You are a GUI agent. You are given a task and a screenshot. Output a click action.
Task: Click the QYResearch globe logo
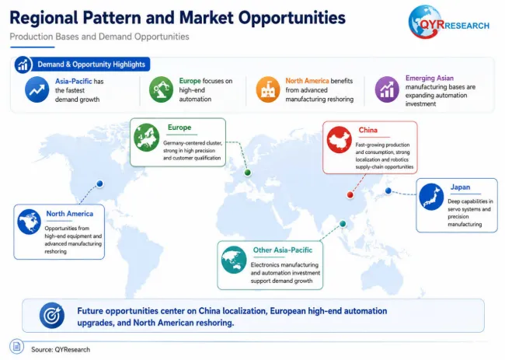424,22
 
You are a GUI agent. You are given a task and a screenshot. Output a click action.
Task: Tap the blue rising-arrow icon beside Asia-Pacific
37,89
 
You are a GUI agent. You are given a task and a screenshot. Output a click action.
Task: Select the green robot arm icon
161,89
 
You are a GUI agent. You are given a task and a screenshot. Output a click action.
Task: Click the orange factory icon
268,89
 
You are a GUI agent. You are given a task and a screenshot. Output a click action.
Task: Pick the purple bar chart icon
387,89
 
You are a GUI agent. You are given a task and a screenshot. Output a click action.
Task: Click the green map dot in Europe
247,173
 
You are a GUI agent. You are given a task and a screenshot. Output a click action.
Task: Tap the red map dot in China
350,194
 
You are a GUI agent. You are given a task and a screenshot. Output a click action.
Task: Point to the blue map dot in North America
100,183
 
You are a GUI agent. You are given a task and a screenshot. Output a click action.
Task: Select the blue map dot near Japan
388,191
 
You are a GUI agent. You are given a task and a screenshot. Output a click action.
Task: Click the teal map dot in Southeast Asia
343,224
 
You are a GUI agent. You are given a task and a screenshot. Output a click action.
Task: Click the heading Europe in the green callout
179,128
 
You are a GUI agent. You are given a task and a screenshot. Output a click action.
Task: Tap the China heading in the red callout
367,130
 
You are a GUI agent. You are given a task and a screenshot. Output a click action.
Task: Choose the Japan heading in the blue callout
460,187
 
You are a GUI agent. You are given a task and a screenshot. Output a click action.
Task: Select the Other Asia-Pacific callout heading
283,250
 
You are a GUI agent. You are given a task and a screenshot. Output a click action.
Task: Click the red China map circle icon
340,139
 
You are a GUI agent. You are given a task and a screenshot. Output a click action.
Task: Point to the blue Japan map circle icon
431,197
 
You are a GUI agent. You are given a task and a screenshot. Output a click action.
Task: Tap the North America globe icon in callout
30,222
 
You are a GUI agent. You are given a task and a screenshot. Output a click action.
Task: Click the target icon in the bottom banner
52,315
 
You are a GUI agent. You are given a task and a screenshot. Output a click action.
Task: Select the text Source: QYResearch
61,350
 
